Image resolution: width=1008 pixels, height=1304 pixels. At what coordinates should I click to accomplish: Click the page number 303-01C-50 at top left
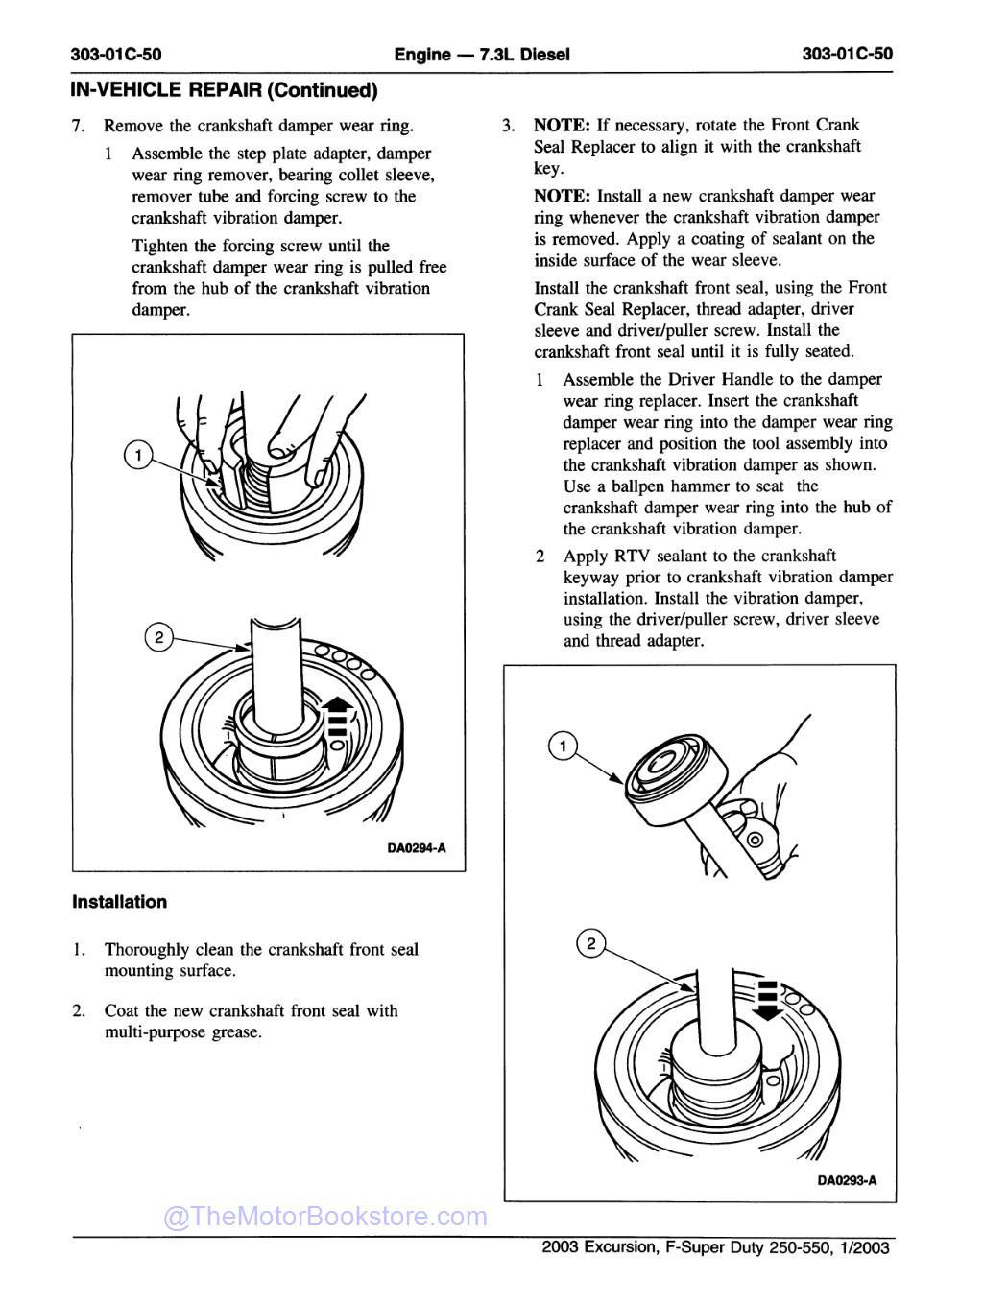pos(116,54)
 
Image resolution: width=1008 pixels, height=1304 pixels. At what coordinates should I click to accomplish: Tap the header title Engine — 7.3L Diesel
pos(482,54)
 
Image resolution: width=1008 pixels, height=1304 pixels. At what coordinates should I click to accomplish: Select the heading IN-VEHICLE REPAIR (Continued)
pos(224,90)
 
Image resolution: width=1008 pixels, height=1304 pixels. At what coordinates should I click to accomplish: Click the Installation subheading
pos(119,902)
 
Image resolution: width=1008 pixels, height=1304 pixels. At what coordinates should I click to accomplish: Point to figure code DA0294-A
pos(417,848)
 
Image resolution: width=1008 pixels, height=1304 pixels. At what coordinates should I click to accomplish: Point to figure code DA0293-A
pos(847,1181)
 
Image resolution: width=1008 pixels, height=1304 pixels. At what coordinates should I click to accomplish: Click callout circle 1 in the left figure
pos(139,455)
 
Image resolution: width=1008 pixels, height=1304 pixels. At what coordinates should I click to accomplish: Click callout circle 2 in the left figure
pos(158,637)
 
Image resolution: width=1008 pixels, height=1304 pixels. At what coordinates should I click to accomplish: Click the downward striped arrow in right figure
pos(766,997)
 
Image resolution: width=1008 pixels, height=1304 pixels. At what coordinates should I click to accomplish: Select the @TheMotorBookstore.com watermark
pos(326,1218)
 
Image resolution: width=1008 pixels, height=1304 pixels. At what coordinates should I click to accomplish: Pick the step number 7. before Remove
pos(80,126)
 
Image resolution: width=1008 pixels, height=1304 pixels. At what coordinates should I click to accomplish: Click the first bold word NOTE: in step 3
pos(562,125)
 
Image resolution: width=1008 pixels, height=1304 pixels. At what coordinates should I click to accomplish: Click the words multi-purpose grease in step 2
pos(183,1032)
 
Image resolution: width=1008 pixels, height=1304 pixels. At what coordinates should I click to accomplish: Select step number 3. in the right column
pos(510,126)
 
